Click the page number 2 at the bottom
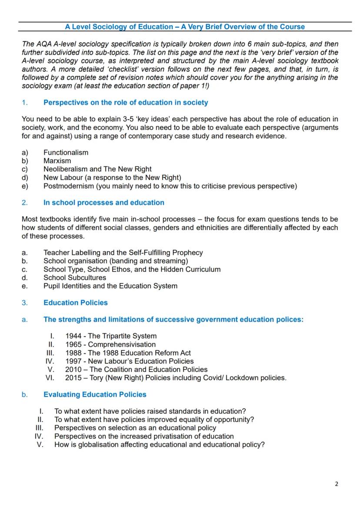coord(336,484)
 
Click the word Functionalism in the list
coord(66,153)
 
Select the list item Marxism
coord(57,161)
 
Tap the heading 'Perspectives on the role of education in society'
coord(126,103)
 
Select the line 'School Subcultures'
coord(74,278)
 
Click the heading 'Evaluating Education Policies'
coord(95,395)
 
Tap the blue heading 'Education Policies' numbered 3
coord(75,303)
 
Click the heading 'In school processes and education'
coord(103,203)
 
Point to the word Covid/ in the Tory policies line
coord(213,378)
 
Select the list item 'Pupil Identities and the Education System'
coord(110,286)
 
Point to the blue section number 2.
coord(25,203)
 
